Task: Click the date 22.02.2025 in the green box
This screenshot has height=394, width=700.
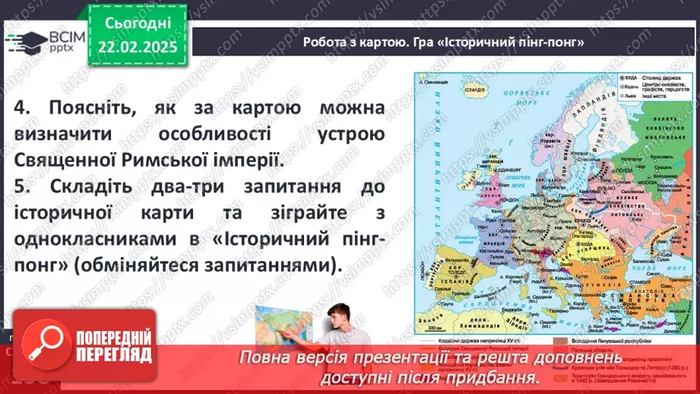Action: [141, 46]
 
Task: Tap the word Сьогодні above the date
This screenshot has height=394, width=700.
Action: [141, 24]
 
